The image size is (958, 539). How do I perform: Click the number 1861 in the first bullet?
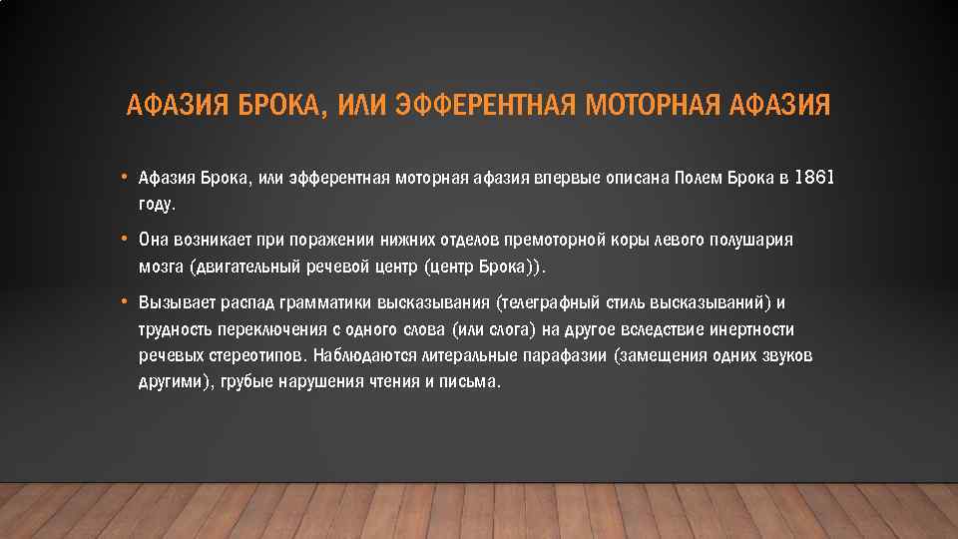pos(813,178)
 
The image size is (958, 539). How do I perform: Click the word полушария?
pos(753,242)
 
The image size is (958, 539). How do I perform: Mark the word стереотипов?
pos(256,355)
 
